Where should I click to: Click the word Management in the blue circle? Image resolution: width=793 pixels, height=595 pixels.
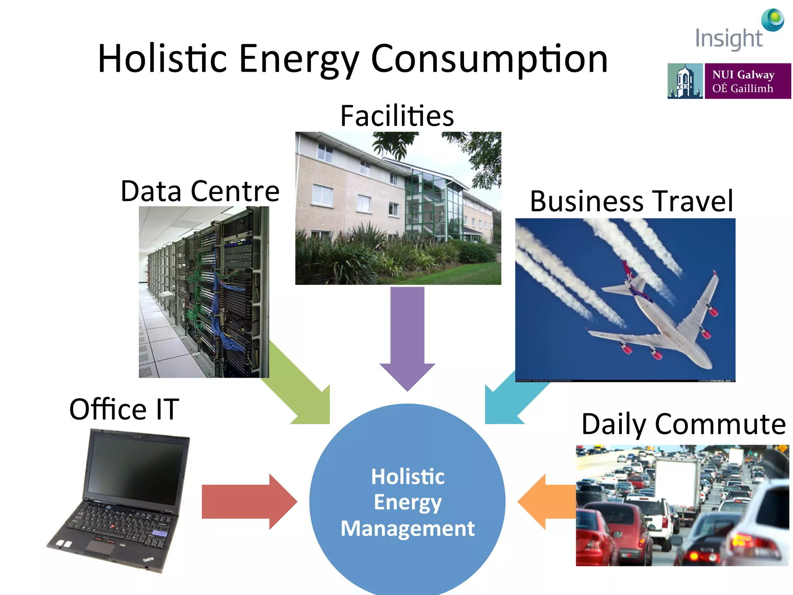407,528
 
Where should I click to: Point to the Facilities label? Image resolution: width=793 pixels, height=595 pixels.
397,116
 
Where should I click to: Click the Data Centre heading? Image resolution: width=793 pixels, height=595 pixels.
200,191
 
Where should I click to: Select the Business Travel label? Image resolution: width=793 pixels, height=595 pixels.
631,201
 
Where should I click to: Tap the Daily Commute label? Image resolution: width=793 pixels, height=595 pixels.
683,424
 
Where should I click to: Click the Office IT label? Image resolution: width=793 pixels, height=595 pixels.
124,409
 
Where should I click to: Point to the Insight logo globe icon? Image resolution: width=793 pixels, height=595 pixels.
772,19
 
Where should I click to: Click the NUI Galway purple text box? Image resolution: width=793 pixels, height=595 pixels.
747,81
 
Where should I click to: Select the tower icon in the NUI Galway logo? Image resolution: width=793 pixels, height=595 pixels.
685,81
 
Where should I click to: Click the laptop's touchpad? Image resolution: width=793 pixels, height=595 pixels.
100,548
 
